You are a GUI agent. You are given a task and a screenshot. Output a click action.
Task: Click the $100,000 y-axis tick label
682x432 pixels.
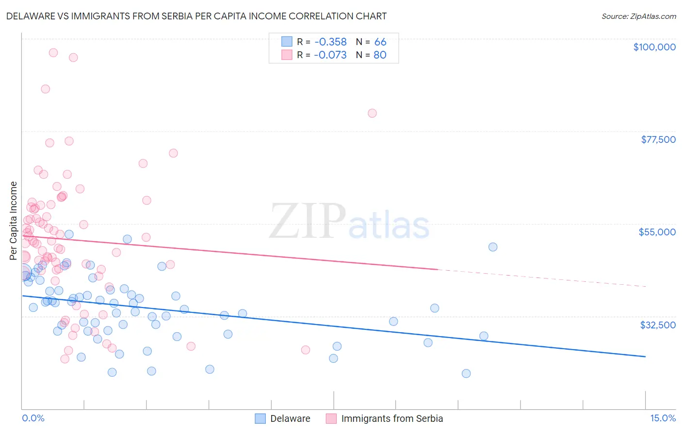tap(654, 47)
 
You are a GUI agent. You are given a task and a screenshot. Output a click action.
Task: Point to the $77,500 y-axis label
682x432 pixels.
tap(658, 139)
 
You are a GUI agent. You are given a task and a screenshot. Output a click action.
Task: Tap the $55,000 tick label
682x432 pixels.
tap(657, 232)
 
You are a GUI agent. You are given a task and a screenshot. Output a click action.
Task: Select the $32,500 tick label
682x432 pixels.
tap(658, 325)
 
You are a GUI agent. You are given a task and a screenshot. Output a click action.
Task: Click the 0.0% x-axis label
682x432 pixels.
tap(33, 418)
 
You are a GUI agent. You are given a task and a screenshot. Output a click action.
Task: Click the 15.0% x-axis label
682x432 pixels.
tap(663, 418)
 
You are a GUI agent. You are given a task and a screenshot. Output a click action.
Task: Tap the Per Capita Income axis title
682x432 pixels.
tap(14, 220)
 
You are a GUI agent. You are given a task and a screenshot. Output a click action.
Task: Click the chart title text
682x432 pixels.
tap(196, 16)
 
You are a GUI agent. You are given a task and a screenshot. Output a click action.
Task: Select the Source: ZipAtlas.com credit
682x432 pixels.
tap(638, 16)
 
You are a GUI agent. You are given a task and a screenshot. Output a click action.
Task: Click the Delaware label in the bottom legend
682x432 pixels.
tap(290, 418)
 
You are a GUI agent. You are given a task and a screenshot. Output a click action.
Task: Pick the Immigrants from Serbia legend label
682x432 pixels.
tap(392, 418)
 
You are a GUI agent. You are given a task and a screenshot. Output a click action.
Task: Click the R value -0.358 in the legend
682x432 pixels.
tap(330, 42)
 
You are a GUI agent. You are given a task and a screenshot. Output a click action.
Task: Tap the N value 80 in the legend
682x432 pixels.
tap(380, 55)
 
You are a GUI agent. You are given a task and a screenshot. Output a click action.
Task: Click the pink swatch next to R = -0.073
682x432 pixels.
tap(287, 55)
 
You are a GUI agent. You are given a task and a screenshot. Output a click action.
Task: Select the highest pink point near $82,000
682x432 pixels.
tap(372, 113)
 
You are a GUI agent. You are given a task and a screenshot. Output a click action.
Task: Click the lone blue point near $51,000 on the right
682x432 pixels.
tap(493, 247)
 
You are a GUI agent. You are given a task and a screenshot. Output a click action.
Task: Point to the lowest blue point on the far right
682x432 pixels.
tap(466, 373)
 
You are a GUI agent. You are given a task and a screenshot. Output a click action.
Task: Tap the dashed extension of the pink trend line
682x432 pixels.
tap(543, 278)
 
